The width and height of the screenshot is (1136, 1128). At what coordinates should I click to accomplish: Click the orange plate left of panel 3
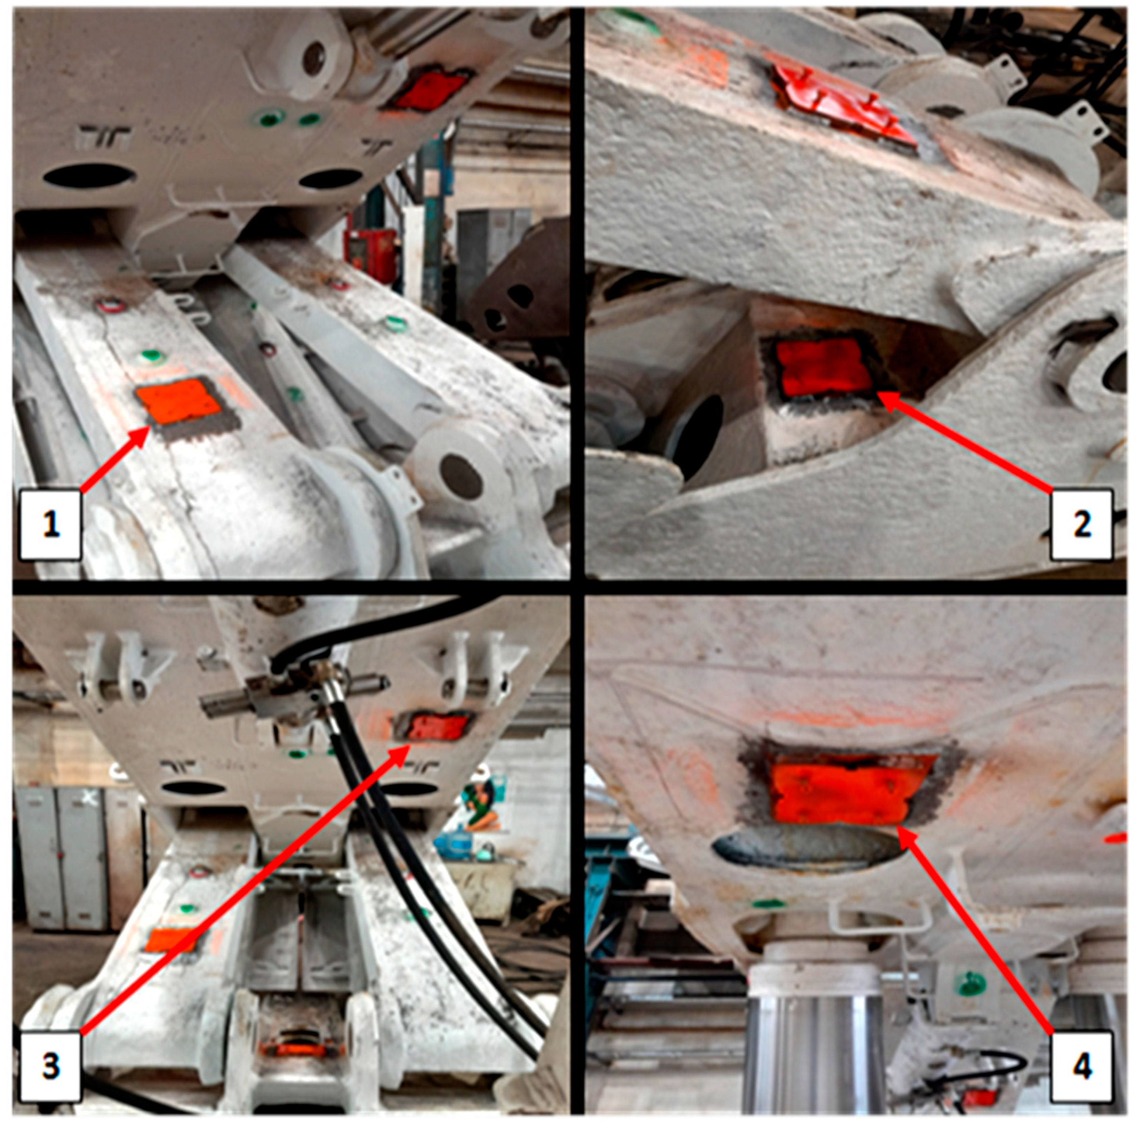tap(170, 939)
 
